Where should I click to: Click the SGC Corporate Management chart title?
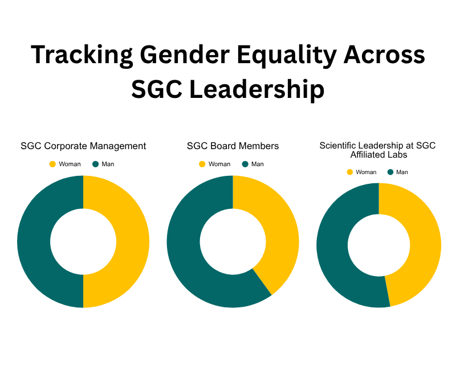[x=83, y=146]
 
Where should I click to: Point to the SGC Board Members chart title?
[x=233, y=146]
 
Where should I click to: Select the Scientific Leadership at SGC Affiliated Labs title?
[x=377, y=150]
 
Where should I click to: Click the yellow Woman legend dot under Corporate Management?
[x=52, y=164]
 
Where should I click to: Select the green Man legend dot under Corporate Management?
[x=95, y=164]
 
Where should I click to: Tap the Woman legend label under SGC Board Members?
[x=219, y=164]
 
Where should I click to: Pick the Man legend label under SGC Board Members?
[x=258, y=164]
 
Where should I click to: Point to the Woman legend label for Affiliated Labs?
[x=366, y=172]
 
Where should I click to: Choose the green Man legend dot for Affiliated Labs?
[x=391, y=172]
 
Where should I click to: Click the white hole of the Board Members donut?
[x=233, y=241]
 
